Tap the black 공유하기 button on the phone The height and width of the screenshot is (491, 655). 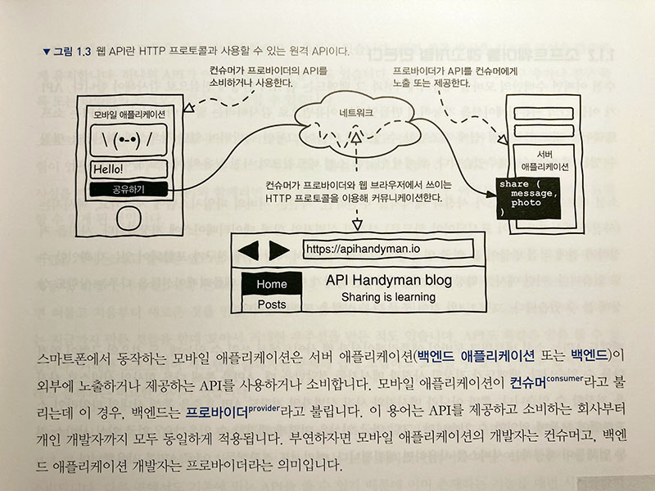click(x=129, y=189)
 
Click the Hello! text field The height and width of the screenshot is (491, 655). click(x=129, y=169)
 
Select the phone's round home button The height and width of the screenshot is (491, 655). click(x=129, y=218)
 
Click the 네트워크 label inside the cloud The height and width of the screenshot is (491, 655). click(x=356, y=113)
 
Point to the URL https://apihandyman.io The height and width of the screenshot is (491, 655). click(x=363, y=249)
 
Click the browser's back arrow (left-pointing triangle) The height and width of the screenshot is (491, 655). click(x=248, y=250)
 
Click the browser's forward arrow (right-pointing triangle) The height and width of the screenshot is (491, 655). click(x=279, y=250)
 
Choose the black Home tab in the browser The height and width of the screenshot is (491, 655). click(x=272, y=284)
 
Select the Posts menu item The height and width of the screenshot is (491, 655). click(x=272, y=304)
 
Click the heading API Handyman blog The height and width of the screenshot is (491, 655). click(x=388, y=280)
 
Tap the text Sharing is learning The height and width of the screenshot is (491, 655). click(x=388, y=297)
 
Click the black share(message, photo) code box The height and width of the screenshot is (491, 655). click(x=528, y=198)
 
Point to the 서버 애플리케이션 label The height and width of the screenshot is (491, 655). click(x=544, y=160)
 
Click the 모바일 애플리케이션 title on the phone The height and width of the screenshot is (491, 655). click(x=129, y=114)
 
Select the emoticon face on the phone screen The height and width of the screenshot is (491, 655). click(x=129, y=139)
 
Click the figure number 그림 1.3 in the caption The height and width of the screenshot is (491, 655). click(x=72, y=52)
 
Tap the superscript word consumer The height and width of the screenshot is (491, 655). click(x=565, y=379)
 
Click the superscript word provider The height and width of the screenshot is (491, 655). click(x=264, y=408)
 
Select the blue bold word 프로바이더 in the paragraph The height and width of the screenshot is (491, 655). click(x=217, y=412)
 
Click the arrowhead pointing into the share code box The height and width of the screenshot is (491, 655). click(x=491, y=194)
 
